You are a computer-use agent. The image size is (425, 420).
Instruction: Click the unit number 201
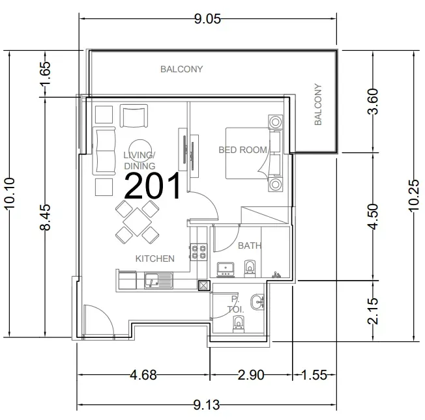(x=153, y=186)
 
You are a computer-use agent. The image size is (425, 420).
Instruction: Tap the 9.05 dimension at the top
(x=208, y=19)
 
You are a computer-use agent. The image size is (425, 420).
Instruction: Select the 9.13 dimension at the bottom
(x=207, y=405)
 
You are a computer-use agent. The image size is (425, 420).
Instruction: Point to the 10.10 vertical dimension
(x=10, y=193)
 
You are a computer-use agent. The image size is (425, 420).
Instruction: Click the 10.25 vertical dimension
(x=414, y=195)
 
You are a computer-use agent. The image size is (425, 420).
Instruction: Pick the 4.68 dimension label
(x=143, y=375)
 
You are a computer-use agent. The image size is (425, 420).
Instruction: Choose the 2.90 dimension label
(x=251, y=375)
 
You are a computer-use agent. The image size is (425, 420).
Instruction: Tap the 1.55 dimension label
(x=314, y=375)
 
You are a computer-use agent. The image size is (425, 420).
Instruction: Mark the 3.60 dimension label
(x=374, y=102)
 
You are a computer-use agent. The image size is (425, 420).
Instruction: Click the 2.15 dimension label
(x=374, y=311)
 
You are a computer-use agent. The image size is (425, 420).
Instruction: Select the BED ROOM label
(x=243, y=150)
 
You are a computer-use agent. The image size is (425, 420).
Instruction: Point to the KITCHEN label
(x=154, y=259)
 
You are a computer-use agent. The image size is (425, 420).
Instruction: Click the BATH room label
(x=250, y=245)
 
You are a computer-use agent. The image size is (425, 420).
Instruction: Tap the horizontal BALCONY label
(x=182, y=69)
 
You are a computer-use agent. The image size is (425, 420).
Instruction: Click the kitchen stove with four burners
(x=199, y=252)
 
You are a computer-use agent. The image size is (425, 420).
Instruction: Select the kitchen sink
(x=158, y=280)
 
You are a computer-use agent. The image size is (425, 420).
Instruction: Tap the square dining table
(x=137, y=222)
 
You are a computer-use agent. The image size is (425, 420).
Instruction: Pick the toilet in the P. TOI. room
(x=239, y=324)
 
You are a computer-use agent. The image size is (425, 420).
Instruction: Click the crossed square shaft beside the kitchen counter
(x=204, y=286)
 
